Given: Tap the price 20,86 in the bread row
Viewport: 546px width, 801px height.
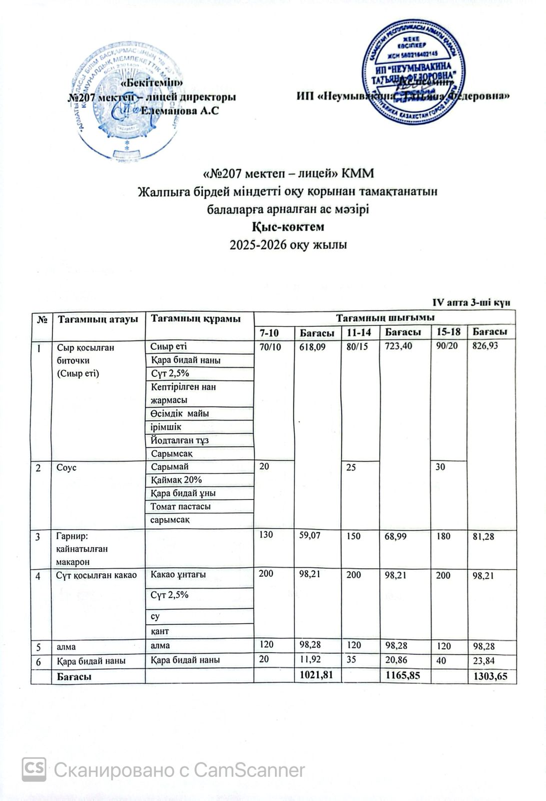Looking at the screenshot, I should pos(397,660).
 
